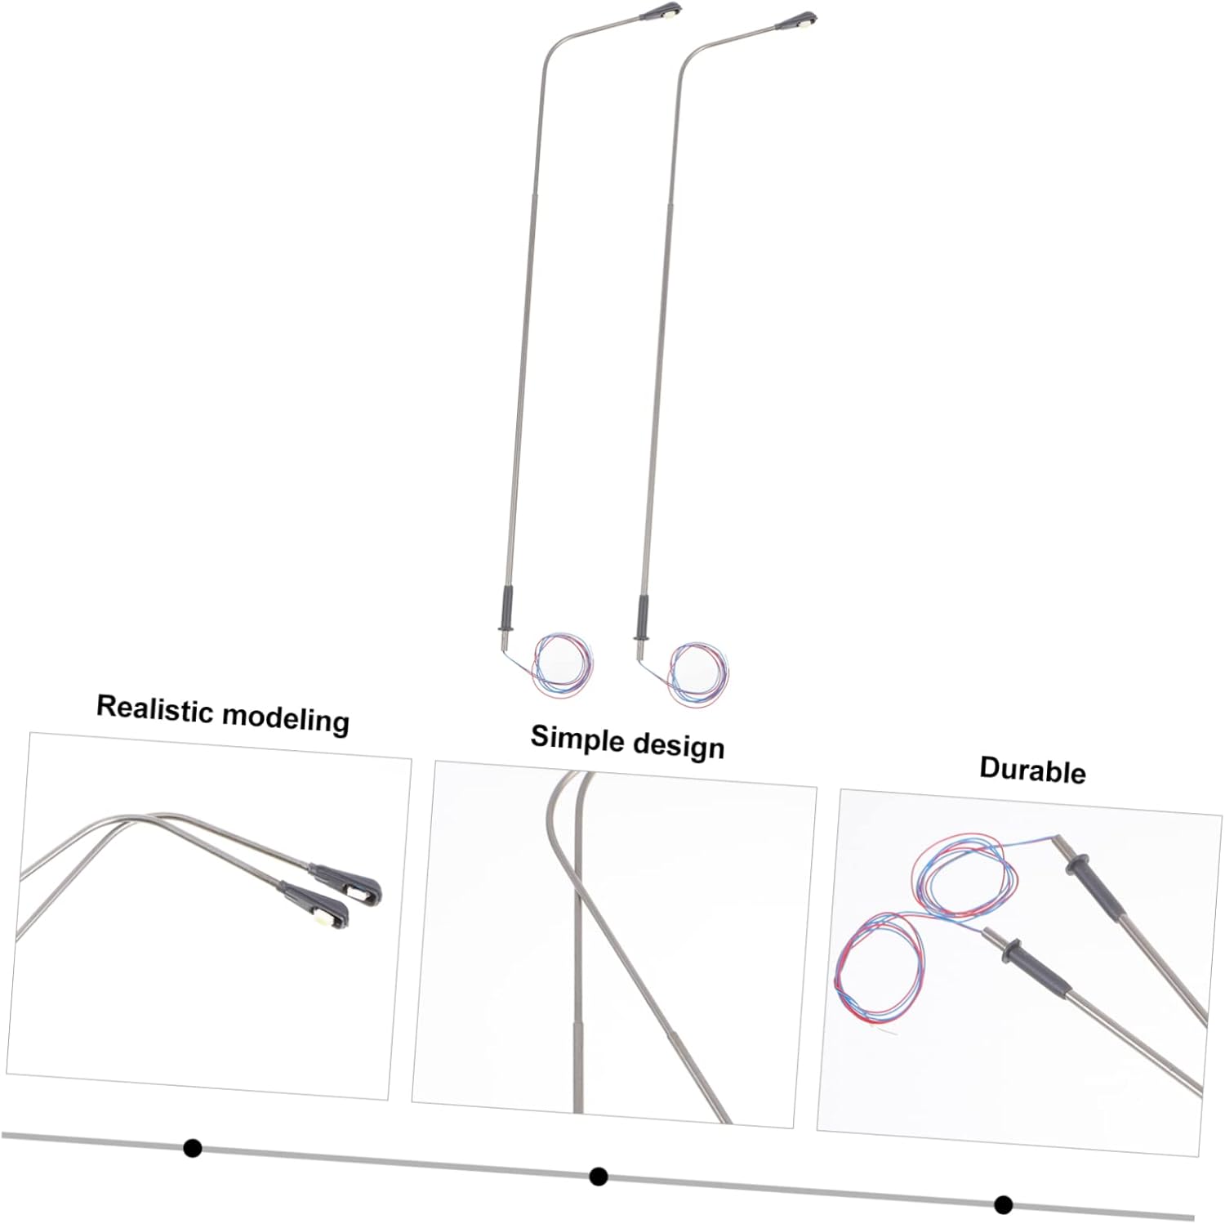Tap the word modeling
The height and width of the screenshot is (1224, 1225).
pyautogui.click(x=286, y=718)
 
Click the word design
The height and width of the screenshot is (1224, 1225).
pyautogui.click(x=678, y=746)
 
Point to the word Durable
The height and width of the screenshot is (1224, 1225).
pyautogui.click(x=1032, y=771)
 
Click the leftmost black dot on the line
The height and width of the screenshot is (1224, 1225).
pyautogui.click(x=193, y=1148)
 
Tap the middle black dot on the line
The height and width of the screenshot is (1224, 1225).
pyautogui.click(x=599, y=1177)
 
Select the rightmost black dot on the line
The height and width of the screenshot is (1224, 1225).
pyautogui.click(x=1004, y=1204)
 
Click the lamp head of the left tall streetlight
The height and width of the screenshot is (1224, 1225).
pyautogui.click(x=665, y=13)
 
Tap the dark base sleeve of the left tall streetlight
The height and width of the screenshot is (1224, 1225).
pyautogui.click(x=506, y=607)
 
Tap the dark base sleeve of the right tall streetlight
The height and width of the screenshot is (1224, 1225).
pyautogui.click(x=641, y=614)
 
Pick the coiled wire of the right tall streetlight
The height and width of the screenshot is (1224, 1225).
pyautogui.click(x=698, y=674)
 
